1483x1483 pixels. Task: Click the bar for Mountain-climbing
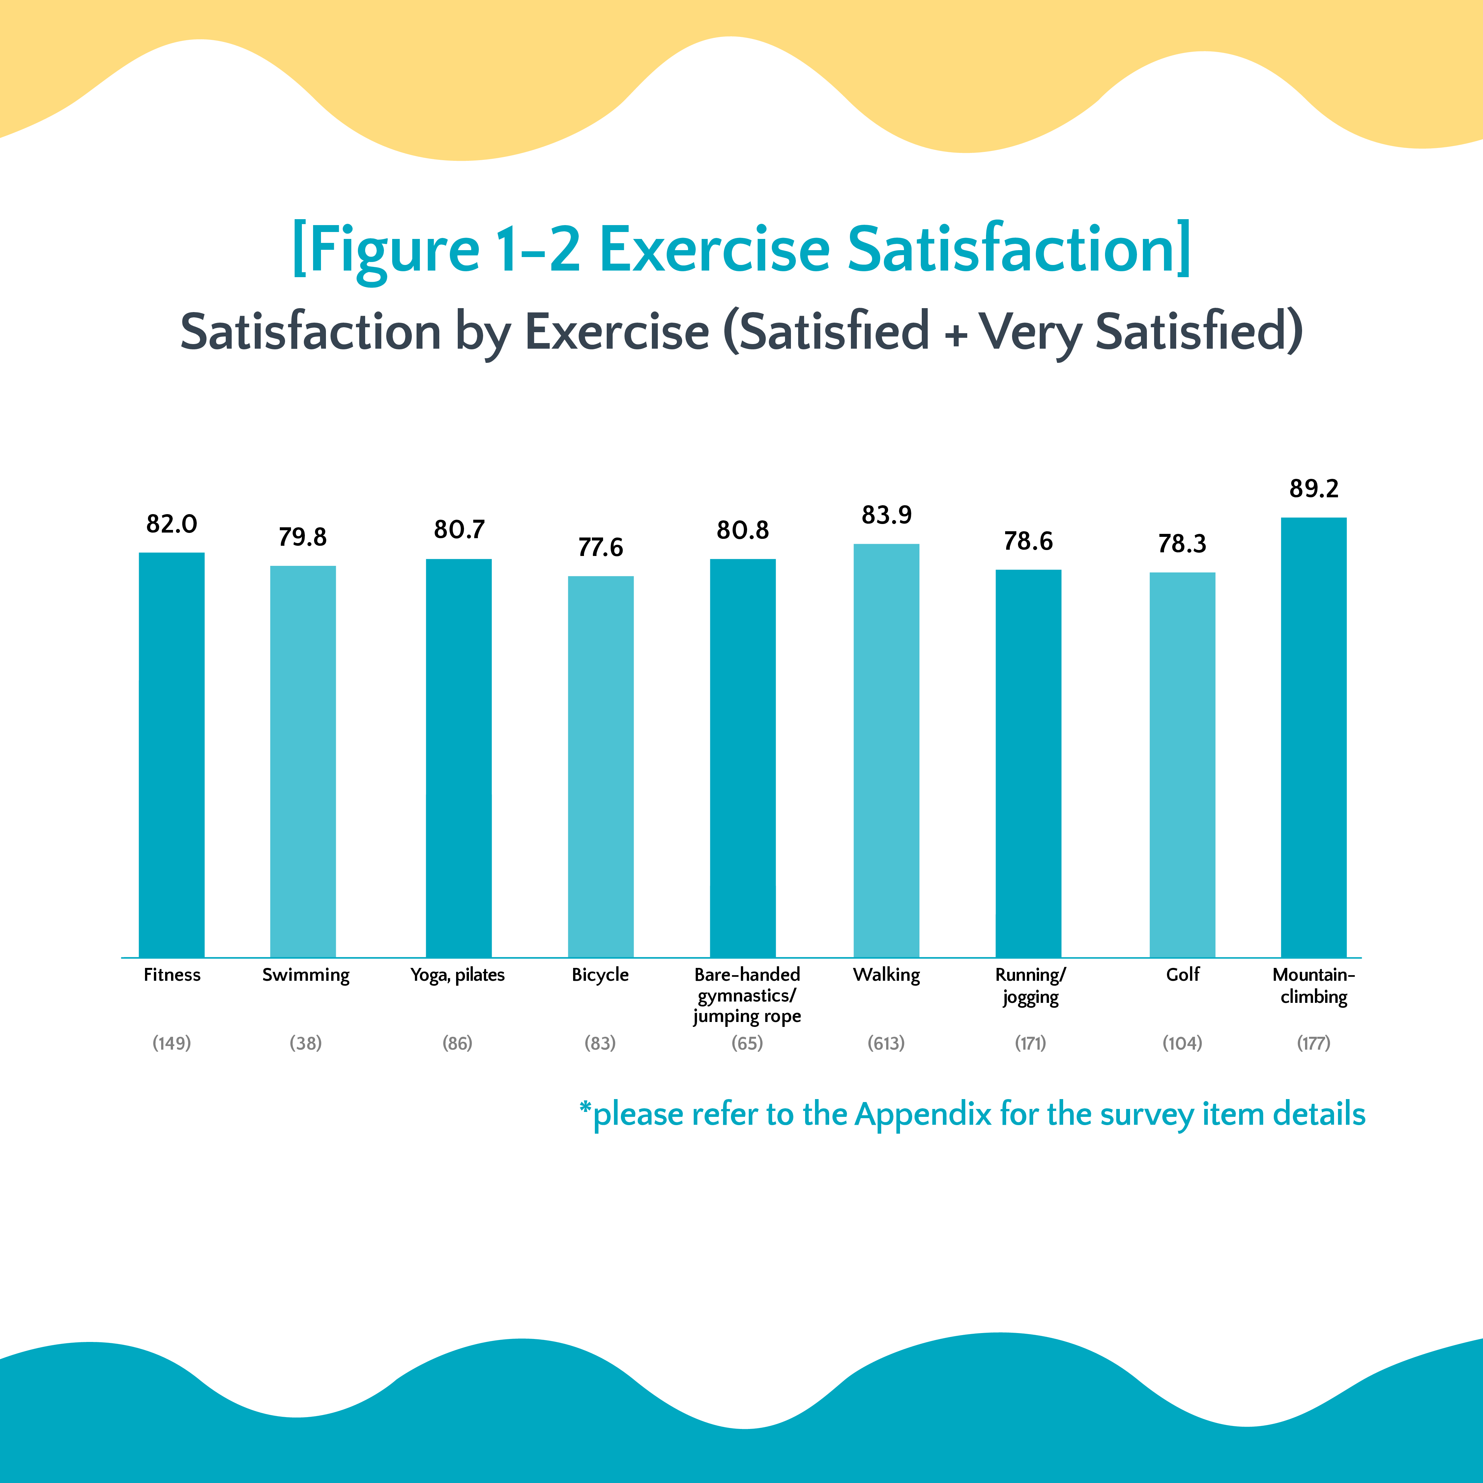tap(1313, 737)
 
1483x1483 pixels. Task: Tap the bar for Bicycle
tap(600, 766)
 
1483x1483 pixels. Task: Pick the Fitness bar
tap(171, 755)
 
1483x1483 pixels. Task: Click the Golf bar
tap(1182, 765)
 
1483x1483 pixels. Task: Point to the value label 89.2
tap(1313, 488)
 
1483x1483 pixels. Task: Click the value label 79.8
tap(303, 537)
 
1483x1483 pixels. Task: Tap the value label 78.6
tap(1028, 541)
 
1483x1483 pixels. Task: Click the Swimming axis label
tap(305, 975)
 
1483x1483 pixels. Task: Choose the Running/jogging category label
tap(1030, 986)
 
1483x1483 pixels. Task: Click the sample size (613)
tap(886, 1043)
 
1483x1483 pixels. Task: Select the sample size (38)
tap(305, 1043)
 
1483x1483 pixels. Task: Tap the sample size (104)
tap(1182, 1043)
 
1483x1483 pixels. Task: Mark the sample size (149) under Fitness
tap(171, 1043)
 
